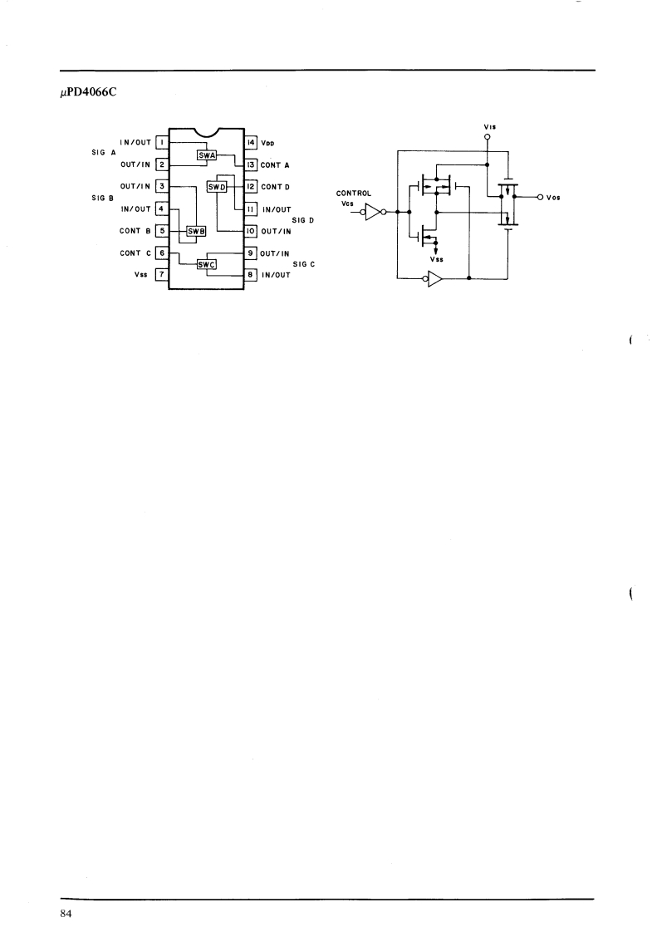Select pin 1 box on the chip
point(163,142)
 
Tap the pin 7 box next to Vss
point(163,273)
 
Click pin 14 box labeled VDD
point(250,142)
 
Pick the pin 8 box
point(250,273)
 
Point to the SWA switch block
point(206,155)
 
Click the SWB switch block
point(195,231)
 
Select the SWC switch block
point(206,265)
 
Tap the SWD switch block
point(217,187)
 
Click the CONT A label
point(275,164)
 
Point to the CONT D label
point(275,187)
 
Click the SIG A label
point(104,154)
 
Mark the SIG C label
point(303,263)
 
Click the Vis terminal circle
point(488,136)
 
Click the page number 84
point(66,914)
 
